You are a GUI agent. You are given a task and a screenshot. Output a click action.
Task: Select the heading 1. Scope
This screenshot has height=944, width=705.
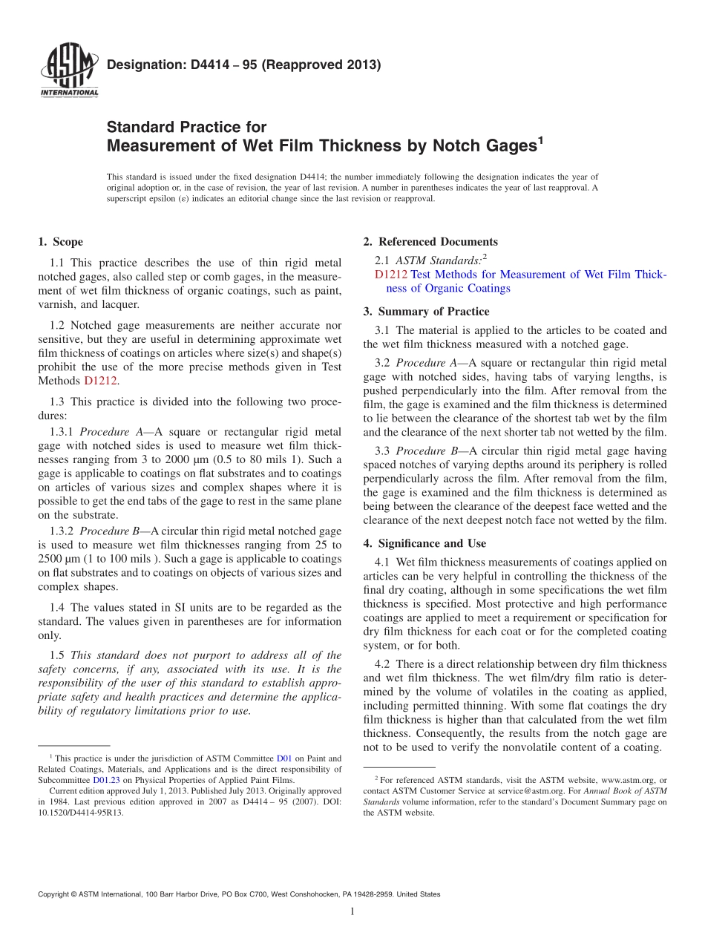tap(60, 242)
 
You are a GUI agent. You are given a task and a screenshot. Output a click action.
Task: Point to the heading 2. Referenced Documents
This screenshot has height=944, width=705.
tap(430, 242)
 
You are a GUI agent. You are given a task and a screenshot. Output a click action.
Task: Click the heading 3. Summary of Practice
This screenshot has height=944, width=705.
tap(426, 312)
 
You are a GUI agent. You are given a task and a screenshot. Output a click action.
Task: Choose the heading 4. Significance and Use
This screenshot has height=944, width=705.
tap(424, 544)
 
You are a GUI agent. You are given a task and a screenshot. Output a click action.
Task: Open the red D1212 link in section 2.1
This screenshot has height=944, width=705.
tap(391, 275)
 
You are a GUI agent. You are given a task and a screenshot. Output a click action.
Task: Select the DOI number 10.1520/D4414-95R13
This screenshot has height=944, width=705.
tap(81, 813)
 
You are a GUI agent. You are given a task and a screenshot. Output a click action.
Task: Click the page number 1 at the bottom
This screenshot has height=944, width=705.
tap(352, 911)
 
